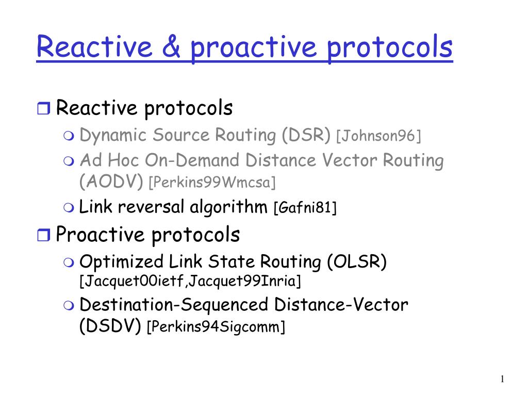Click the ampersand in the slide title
coord(171,46)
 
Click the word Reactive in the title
coord(94,46)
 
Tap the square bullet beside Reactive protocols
coord(43,108)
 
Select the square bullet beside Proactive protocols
coord(43,235)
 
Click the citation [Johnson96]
coord(379,136)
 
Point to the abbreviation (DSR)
coord(306,135)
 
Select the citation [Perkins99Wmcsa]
coord(212,183)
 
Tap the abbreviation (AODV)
coord(111,181)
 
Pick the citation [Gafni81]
coord(305,207)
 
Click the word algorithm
coord(228,207)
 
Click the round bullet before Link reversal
coord(69,207)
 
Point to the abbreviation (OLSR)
coord(357,261)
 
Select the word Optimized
coord(122,262)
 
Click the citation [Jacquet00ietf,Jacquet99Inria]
coord(190,281)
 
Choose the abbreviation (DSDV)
coord(110,326)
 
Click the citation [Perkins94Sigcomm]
coord(216,326)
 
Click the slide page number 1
coord(502,379)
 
